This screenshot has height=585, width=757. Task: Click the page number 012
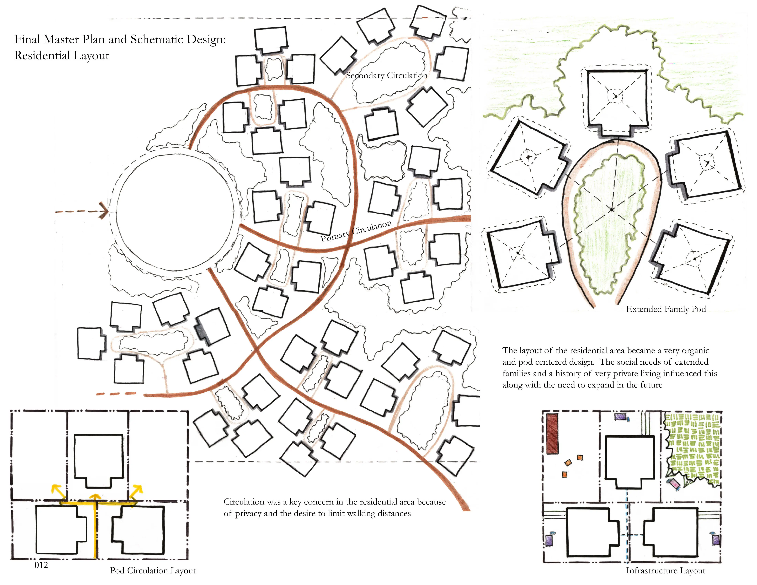[41, 565]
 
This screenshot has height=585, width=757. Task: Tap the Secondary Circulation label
[386, 76]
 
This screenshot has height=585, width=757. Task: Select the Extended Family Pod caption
[666, 309]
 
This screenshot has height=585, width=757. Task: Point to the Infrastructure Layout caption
[665, 571]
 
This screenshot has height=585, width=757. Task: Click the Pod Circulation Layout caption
[153, 571]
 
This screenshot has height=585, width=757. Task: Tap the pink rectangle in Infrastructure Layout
[675, 484]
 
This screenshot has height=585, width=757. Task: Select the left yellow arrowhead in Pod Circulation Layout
[56, 490]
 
